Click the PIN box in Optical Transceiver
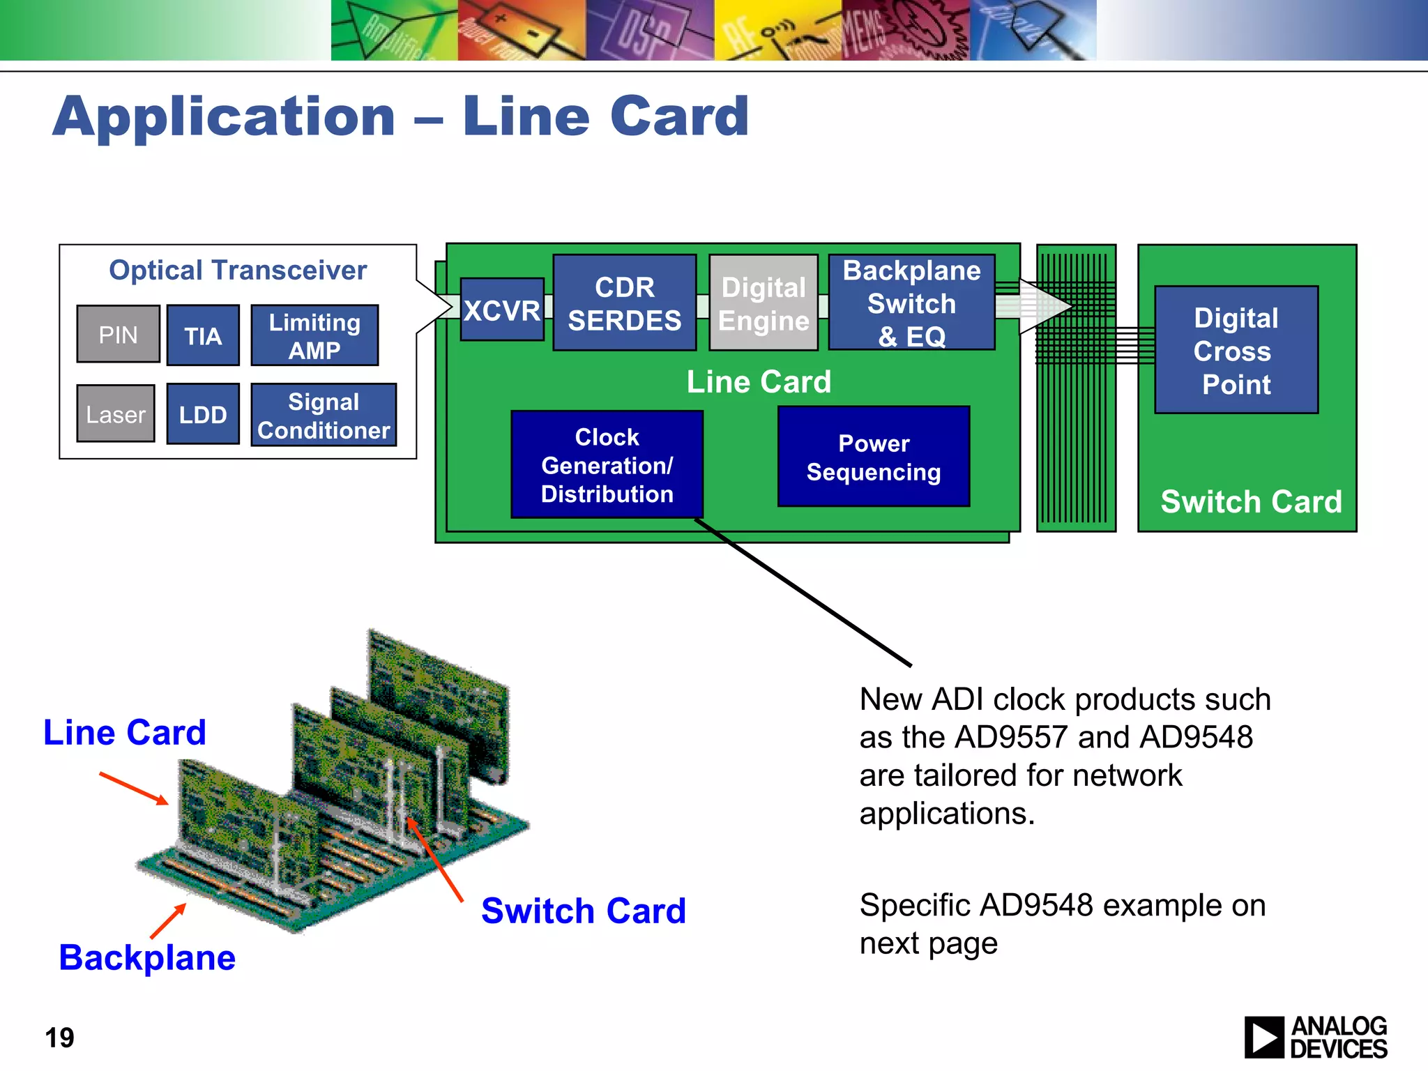[118, 334]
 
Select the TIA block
[203, 335]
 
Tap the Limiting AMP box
[314, 335]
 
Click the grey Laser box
[116, 413]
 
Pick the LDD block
[203, 414]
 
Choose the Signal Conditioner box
[324, 415]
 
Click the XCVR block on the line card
[502, 310]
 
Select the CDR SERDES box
[624, 303]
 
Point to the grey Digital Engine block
[764, 303]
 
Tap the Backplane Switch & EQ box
[911, 303]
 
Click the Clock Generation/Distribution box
[607, 464]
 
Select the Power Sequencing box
[874, 457]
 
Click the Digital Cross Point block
[1236, 350]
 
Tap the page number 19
[59, 1038]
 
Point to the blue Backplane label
[147, 957]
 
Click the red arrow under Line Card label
[134, 788]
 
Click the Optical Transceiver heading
[238, 270]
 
